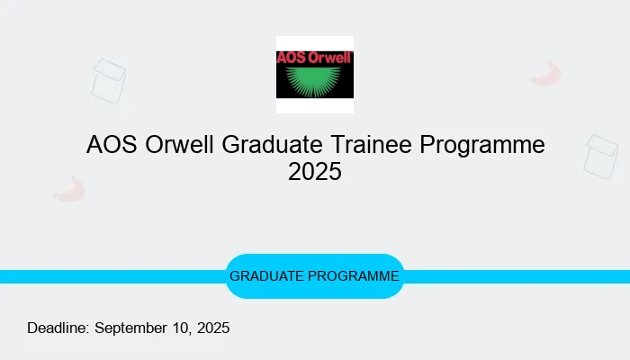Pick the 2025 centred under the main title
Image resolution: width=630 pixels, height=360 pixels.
coord(315,171)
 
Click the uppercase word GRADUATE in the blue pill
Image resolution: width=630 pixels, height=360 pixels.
coord(267,276)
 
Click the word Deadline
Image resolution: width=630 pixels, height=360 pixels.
coord(58,328)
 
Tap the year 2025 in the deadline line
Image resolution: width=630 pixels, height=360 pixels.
coord(212,328)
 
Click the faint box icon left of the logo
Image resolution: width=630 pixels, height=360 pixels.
coord(109,81)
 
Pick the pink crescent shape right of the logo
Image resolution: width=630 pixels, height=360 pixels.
coord(545,74)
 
